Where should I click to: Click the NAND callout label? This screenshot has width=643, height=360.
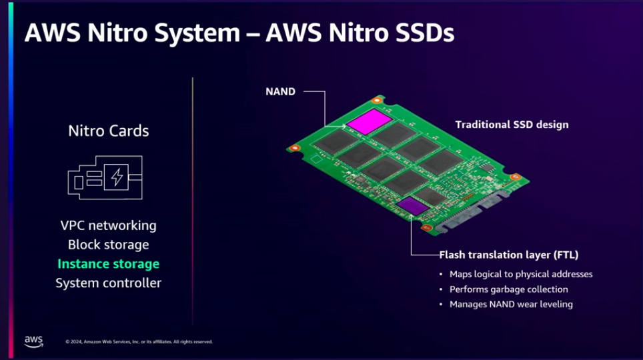click(x=281, y=91)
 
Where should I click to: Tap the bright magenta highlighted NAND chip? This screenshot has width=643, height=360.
click(x=369, y=121)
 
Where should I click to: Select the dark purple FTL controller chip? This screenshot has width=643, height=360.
click(x=412, y=205)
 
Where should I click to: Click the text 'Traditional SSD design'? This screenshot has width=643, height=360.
click(x=512, y=125)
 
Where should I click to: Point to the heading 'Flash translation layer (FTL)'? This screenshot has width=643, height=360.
click(x=508, y=255)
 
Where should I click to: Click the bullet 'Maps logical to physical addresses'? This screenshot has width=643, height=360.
click(x=521, y=274)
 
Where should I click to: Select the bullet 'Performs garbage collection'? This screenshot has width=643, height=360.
click(x=508, y=289)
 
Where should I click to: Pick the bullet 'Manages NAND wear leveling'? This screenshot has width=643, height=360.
click(x=511, y=304)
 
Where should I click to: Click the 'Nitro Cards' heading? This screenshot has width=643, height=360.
click(x=109, y=131)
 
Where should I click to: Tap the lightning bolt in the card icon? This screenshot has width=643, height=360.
click(x=117, y=177)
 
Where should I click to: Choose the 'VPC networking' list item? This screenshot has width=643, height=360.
click(x=108, y=225)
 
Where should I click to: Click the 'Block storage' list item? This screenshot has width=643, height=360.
click(x=108, y=245)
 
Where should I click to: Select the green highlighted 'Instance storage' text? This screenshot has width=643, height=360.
click(x=108, y=263)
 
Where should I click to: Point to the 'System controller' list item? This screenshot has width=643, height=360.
click(x=108, y=283)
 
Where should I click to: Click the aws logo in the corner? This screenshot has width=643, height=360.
click(x=33, y=341)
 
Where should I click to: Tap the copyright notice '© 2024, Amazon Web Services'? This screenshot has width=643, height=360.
click(x=139, y=341)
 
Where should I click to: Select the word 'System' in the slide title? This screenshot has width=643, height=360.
click(x=197, y=33)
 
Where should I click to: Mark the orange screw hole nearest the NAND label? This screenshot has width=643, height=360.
click(x=377, y=100)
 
